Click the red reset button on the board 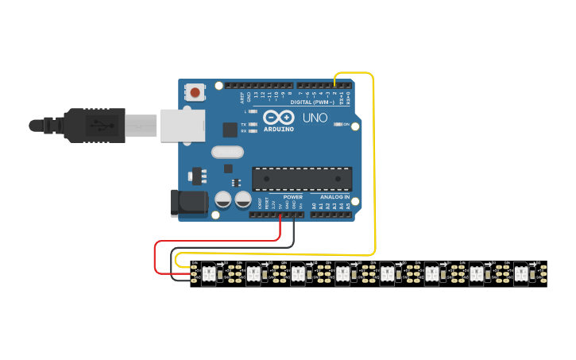tap(195, 93)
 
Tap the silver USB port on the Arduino tap(183, 126)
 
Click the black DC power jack tap(189, 203)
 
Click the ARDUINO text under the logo tap(278, 129)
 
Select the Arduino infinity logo tap(278, 118)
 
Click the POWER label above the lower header tap(293, 196)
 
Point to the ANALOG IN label tap(334, 196)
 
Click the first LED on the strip tap(208, 273)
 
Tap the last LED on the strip tap(520, 273)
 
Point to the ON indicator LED tap(339, 125)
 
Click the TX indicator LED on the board tap(252, 125)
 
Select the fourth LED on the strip tap(342, 273)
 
